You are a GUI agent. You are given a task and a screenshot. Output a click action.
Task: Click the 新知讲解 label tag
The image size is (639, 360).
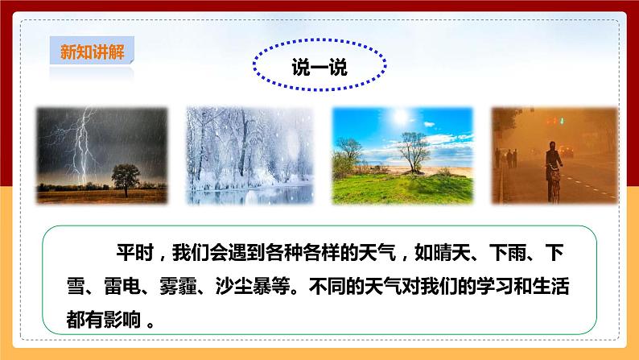coord(90,52)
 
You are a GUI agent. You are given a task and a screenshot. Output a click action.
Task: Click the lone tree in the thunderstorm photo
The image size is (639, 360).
coord(127,176)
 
